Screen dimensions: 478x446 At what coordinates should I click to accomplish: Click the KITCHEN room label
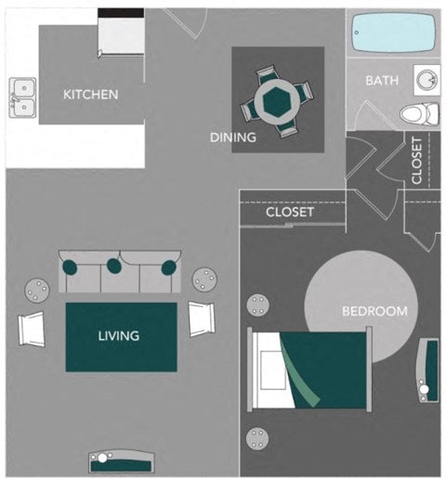pyautogui.click(x=90, y=95)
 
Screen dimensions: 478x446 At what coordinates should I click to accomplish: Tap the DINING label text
pyautogui.click(x=232, y=137)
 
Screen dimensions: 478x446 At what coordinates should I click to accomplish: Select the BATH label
pyautogui.click(x=381, y=81)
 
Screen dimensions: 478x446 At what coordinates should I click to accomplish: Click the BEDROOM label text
pyautogui.click(x=374, y=311)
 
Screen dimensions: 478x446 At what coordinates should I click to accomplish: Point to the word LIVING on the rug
pyautogui.click(x=119, y=336)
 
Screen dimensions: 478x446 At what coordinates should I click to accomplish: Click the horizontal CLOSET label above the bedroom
pyautogui.click(x=290, y=213)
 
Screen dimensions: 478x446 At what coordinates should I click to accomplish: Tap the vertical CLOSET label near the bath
pyautogui.click(x=416, y=160)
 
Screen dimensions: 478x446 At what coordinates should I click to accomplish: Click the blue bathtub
pyautogui.click(x=394, y=34)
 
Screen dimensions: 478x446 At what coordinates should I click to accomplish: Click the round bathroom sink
pyautogui.click(x=426, y=81)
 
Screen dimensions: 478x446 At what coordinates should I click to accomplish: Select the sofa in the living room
pyautogui.click(x=117, y=271)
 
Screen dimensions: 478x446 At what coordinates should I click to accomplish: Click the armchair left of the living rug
pyautogui.click(x=33, y=327)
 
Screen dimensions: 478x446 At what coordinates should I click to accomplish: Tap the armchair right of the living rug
pyautogui.click(x=202, y=319)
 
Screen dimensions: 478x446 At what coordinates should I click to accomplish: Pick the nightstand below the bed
pyautogui.click(x=257, y=437)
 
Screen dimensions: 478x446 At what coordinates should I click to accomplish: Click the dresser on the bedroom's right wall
pyautogui.click(x=427, y=370)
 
